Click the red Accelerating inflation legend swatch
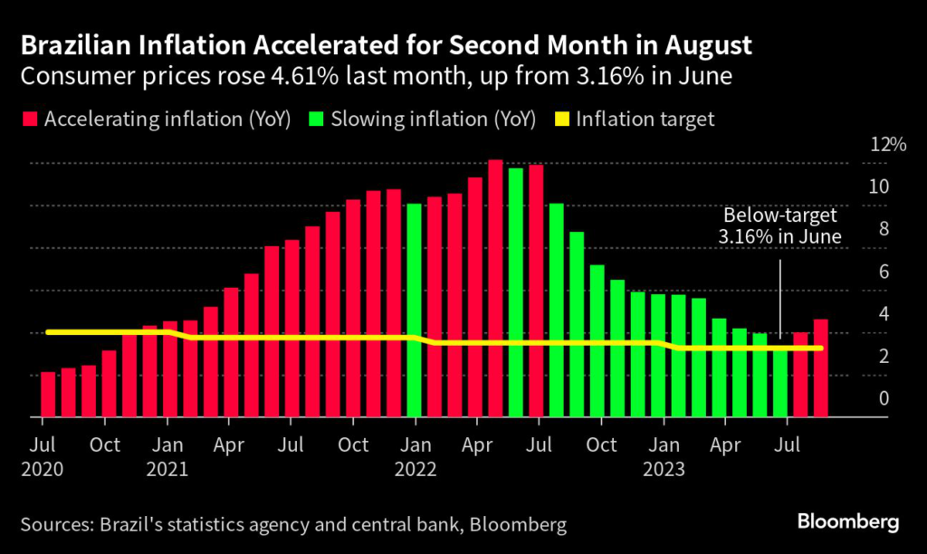pos(30,119)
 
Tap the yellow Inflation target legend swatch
pos(561,119)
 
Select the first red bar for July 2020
pos(48,395)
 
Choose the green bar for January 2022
pos(415,310)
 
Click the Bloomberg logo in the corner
pos(848,522)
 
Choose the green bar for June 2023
pos(780,379)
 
